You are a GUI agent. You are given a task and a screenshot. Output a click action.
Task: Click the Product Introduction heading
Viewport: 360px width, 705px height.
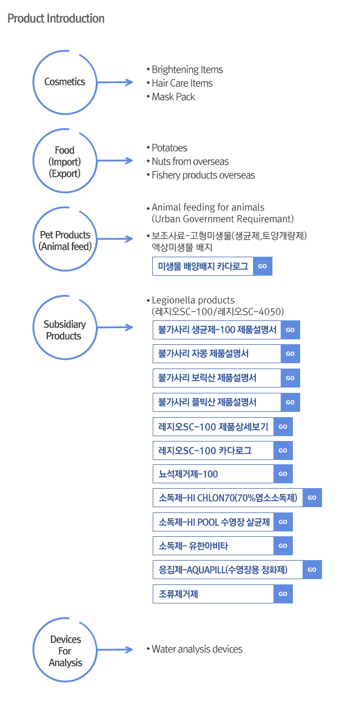[56, 19]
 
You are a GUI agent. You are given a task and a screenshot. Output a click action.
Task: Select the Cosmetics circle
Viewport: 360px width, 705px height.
[65, 82]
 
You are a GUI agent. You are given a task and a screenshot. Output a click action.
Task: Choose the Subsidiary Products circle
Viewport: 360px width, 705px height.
[65, 330]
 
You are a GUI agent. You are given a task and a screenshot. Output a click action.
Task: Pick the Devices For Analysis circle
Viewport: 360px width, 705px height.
[65, 651]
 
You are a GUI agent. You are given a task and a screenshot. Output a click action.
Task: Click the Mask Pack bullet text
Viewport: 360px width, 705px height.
[173, 97]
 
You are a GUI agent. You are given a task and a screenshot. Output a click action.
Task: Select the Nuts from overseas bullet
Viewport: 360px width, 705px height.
[190, 161]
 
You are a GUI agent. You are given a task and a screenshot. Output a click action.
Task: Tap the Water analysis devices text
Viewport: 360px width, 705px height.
[197, 649]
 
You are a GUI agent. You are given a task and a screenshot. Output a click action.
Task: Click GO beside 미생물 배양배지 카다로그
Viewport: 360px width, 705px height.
[263, 266]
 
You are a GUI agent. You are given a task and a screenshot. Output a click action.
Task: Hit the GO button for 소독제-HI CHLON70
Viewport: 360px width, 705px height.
[312, 498]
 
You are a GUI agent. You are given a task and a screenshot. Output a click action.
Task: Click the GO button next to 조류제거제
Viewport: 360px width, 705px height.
[283, 594]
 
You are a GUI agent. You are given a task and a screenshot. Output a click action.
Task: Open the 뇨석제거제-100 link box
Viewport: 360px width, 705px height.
[213, 474]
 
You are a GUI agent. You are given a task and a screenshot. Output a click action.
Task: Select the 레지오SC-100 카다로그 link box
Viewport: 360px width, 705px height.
[213, 450]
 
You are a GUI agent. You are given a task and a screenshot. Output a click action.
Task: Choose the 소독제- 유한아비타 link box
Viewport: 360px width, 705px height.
[213, 546]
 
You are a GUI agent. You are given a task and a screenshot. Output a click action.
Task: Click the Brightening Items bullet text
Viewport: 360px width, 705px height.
[187, 70]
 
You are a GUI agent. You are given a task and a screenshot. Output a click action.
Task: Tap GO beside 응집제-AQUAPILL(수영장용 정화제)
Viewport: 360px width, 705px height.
[312, 570]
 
